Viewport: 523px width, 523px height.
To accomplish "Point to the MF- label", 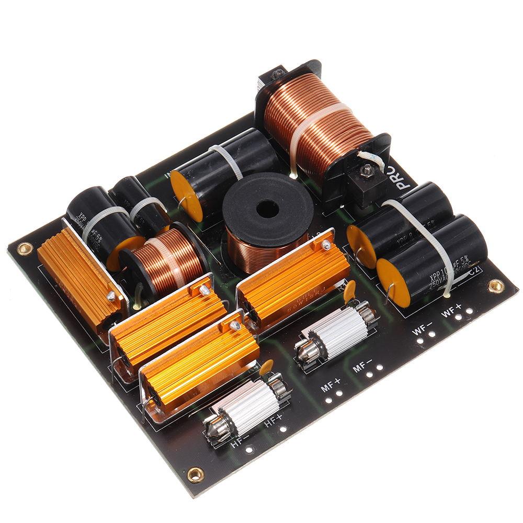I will [362, 365].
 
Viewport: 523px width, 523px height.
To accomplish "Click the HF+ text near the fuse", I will [273, 419].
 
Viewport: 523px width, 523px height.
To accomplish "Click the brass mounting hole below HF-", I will [196, 475].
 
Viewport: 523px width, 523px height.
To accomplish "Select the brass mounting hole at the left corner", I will [24, 248].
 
